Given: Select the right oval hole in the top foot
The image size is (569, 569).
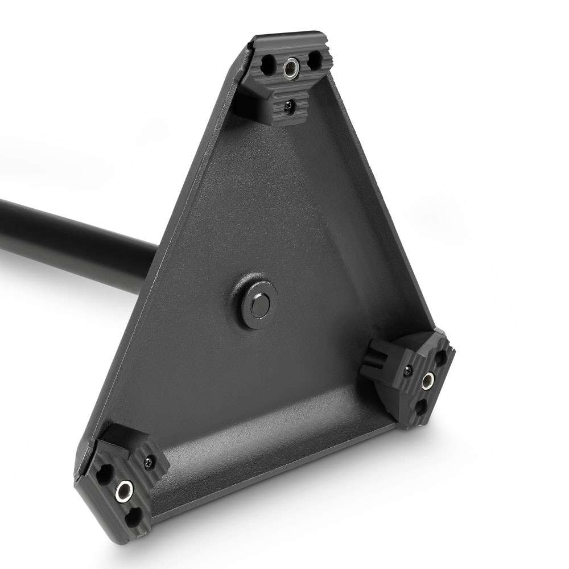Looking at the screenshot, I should [314, 59].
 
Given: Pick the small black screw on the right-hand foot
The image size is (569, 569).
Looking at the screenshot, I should [407, 371].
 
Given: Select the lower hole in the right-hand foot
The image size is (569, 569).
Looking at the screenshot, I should [420, 406].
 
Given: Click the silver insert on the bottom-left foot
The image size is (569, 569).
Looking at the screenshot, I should [123, 490].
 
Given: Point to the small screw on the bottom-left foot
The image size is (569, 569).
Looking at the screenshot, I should [149, 461].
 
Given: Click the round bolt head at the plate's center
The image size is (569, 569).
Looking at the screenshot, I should [259, 306].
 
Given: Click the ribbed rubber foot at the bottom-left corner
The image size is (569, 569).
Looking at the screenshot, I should [122, 484].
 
